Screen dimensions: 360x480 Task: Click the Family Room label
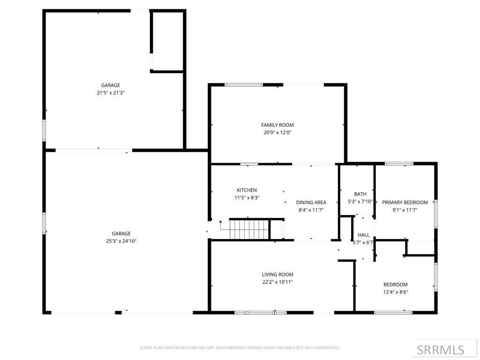tap(277, 125)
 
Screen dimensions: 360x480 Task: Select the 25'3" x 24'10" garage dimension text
tap(121, 241)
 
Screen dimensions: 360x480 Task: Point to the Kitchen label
tap(247, 190)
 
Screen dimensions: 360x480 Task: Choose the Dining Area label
tap(311, 202)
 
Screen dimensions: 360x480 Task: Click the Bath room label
tap(360, 194)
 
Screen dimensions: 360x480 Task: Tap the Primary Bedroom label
tap(405, 202)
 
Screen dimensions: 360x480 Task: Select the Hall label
tap(363, 235)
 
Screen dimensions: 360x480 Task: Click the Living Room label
tap(277, 274)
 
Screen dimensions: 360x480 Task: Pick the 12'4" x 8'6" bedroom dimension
tap(395, 292)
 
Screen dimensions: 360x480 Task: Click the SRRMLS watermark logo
tap(441, 350)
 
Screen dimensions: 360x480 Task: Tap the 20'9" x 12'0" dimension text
tap(277, 132)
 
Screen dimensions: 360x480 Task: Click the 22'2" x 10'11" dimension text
tap(277, 282)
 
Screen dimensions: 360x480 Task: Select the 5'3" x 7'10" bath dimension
tap(360, 202)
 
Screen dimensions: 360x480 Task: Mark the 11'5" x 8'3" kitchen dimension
tap(247, 197)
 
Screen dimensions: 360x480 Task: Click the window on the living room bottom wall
tap(261, 312)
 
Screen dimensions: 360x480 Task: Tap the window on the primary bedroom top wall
tap(399, 164)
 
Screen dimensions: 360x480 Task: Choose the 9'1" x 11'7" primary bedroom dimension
tap(405, 210)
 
